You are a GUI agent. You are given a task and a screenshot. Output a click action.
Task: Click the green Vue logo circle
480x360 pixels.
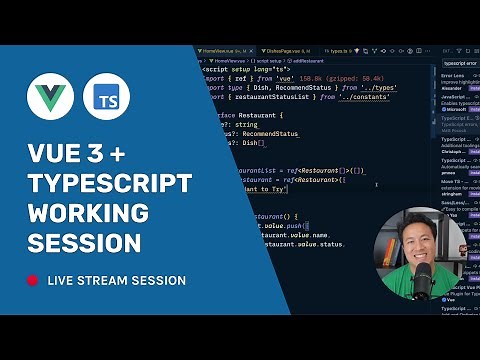point(50,98)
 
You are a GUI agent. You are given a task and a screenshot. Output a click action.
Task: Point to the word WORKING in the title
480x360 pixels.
point(88,212)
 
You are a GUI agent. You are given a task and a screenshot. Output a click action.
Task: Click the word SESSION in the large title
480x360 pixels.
point(84,242)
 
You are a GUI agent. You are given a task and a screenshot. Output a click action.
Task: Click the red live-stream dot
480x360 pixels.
point(33,281)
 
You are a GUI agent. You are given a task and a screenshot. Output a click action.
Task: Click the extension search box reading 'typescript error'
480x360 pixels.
point(460,61)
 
